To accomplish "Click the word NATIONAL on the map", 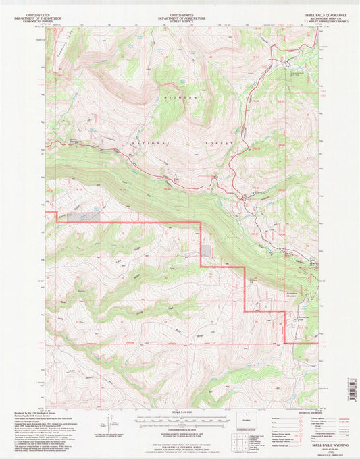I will [x=136, y=143].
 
